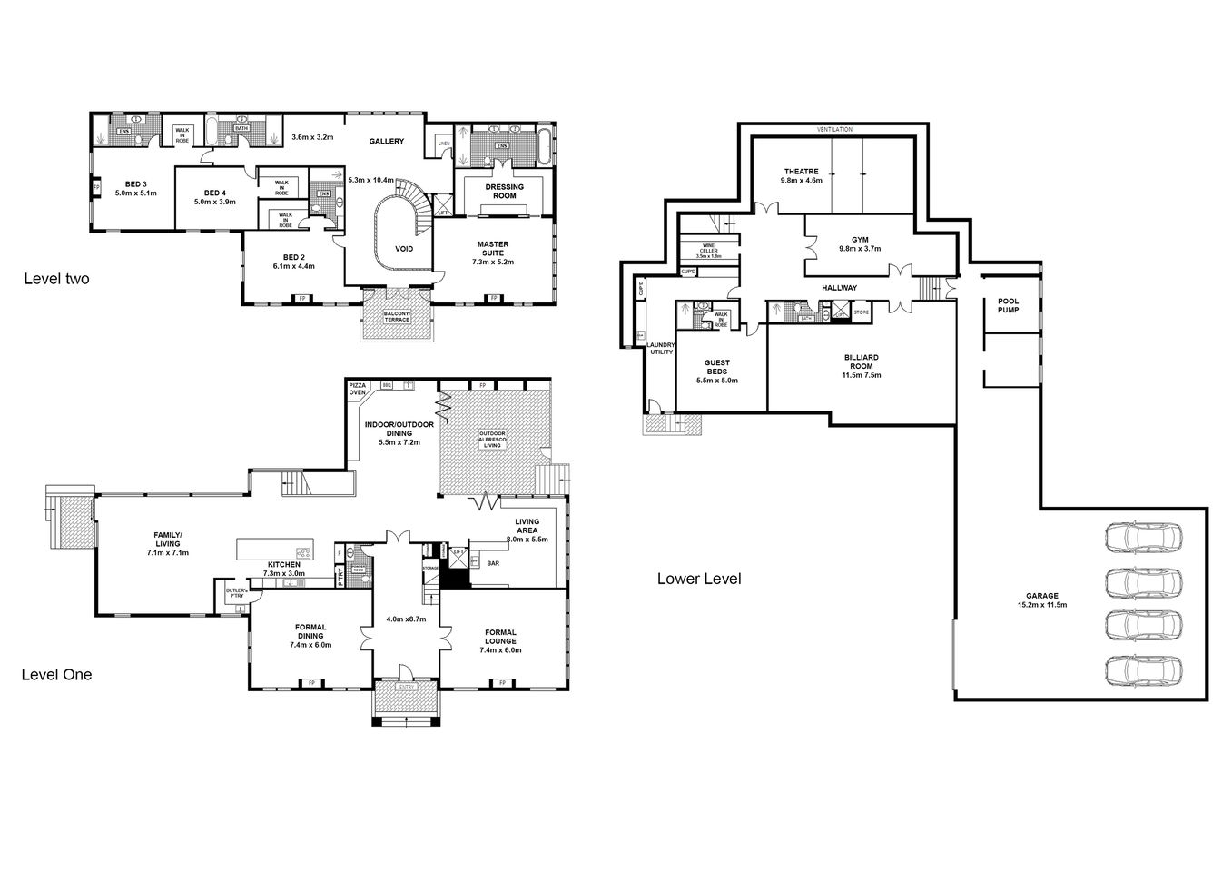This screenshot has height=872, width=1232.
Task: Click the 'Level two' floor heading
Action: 56,280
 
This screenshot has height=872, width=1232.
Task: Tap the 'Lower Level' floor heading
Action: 699,579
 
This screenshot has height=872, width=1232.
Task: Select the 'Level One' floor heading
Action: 56,675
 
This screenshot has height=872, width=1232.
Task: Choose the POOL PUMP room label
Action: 1008,305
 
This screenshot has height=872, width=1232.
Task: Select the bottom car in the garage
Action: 1145,670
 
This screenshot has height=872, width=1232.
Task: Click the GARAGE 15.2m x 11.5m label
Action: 1040,600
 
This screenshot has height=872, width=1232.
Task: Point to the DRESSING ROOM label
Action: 506,192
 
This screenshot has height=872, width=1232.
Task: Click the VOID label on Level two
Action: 404,248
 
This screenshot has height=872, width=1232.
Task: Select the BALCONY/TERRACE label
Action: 397,317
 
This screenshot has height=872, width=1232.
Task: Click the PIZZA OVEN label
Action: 358,390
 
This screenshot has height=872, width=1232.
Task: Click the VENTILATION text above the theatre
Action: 834,130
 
